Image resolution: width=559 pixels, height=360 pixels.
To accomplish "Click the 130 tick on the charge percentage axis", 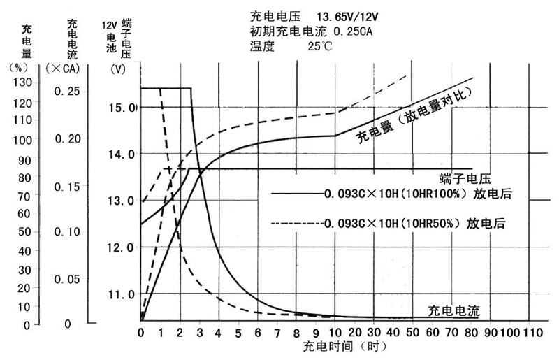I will click(x=22, y=82).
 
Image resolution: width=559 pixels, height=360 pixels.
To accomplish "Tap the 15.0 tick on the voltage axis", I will click(x=124, y=108).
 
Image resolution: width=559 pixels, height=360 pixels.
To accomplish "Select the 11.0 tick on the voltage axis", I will click(x=123, y=294).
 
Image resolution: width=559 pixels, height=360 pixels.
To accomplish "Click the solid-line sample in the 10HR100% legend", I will click(x=296, y=193).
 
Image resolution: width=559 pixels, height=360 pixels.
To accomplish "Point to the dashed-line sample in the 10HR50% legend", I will click(x=296, y=224).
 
